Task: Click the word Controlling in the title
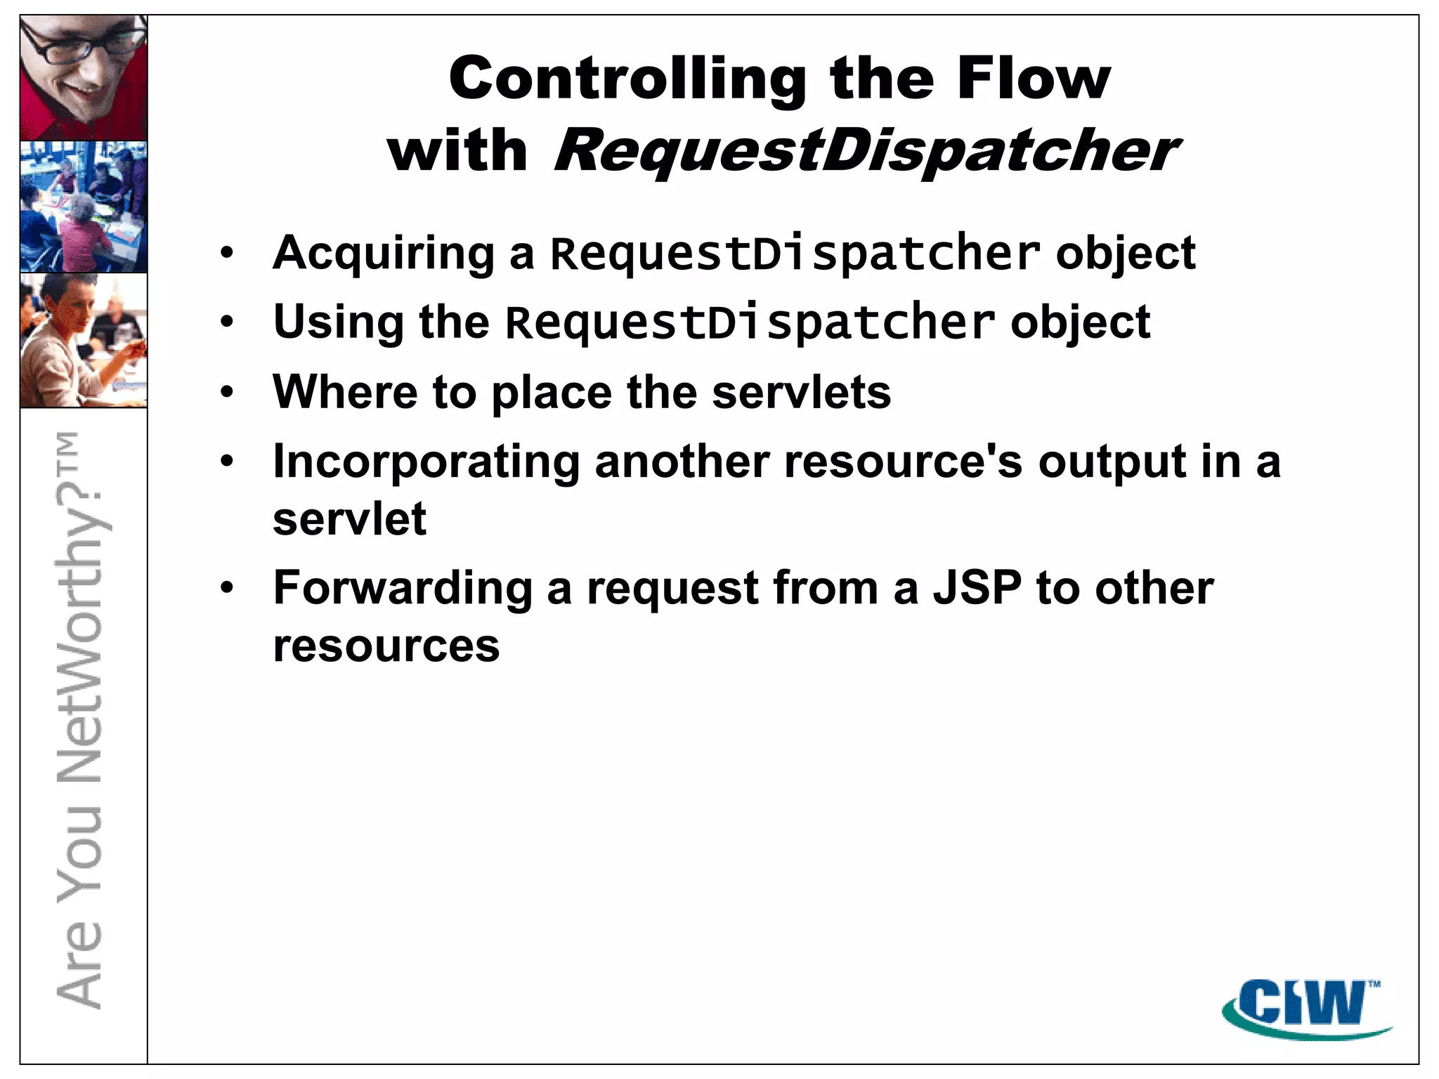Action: [x=627, y=79]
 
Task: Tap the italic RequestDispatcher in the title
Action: [x=866, y=150]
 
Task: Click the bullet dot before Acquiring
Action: [x=226, y=253]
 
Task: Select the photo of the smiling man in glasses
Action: [x=84, y=78]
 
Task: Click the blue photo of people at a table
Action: [x=84, y=207]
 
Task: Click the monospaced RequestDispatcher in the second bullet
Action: [x=750, y=322]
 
